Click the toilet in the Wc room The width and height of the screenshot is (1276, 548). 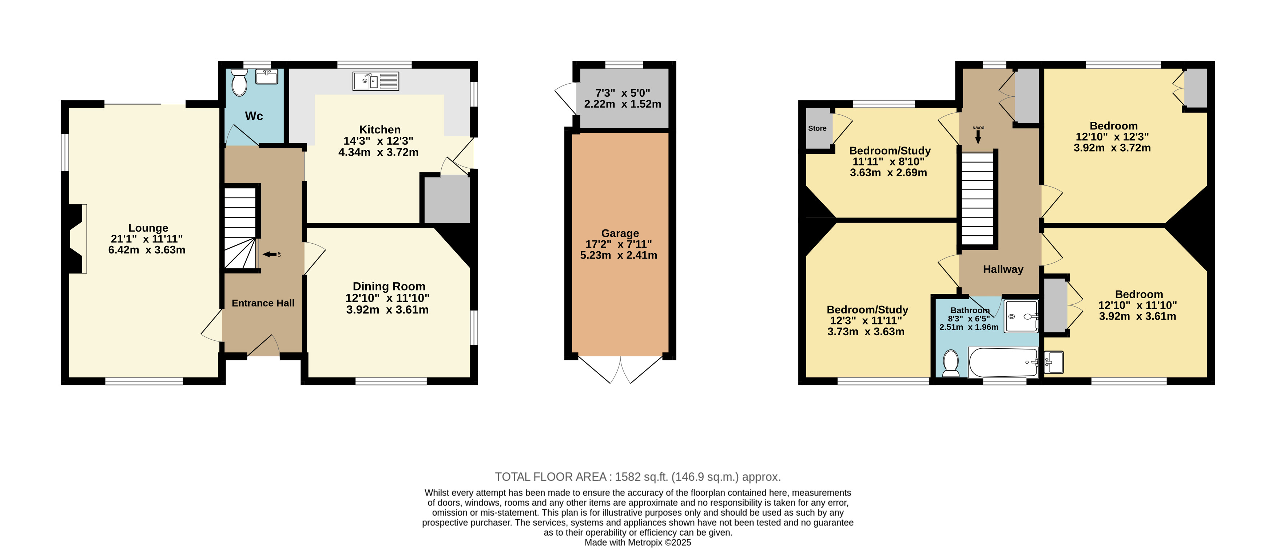click(240, 82)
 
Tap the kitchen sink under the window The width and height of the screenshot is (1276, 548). click(375, 81)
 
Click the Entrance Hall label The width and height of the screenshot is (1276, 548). click(263, 303)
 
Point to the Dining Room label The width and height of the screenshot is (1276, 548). click(389, 286)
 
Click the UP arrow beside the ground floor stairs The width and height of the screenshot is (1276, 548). click(271, 255)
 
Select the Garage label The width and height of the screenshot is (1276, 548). click(620, 233)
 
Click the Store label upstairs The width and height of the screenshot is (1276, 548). click(817, 128)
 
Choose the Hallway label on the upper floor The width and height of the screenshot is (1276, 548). click(1003, 269)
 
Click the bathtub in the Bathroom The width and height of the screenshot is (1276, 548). click(1003, 363)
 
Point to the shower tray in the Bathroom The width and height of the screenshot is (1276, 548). click(1021, 316)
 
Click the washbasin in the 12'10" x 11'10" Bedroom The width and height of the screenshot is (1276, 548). click(1054, 362)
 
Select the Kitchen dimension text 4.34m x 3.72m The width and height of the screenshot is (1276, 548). click(378, 152)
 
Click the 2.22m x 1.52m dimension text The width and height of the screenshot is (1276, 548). click(623, 104)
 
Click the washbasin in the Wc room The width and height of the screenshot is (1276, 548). click(266, 77)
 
